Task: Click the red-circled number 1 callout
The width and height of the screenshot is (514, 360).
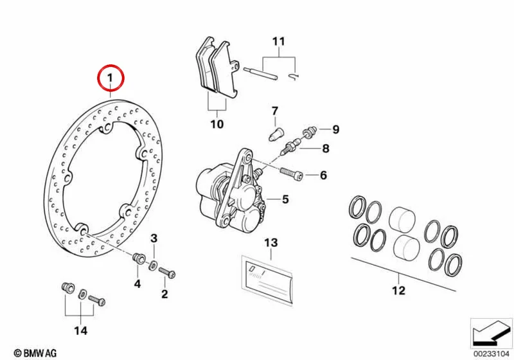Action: pyautogui.click(x=111, y=78)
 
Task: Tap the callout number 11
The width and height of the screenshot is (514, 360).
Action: pyautogui.click(x=279, y=42)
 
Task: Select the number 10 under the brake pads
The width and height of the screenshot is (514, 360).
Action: pyautogui.click(x=217, y=124)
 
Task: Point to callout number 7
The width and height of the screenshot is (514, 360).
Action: pyautogui.click(x=275, y=111)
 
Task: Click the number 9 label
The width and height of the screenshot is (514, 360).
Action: pyautogui.click(x=335, y=129)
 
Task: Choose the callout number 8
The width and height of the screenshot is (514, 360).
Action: pyautogui.click(x=326, y=148)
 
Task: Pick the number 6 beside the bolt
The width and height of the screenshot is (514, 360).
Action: pyautogui.click(x=323, y=175)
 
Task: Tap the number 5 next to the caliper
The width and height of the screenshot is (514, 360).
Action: pyautogui.click(x=285, y=199)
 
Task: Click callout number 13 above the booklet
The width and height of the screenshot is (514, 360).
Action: pyautogui.click(x=271, y=243)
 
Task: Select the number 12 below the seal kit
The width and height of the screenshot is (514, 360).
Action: pyautogui.click(x=398, y=290)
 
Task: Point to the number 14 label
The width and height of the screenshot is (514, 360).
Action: pyautogui.click(x=81, y=330)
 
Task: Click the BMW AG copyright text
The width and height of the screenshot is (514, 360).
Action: pyautogui.click(x=35, y=353)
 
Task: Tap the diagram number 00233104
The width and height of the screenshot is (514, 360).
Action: pyautogui.click(x=491, y=354)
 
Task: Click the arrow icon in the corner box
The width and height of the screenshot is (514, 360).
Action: pyautogui.click(x=491, y=332)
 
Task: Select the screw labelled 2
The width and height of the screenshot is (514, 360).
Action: pyautogui.click(x=167, y=272)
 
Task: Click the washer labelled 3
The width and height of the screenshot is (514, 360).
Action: pyautogui.click(x=152, y=265)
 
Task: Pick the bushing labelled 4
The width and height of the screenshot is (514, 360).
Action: pyautogui.click(x=139, y=258)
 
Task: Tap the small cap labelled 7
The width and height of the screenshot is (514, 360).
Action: pyautogui.click(x=276, y=134)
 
